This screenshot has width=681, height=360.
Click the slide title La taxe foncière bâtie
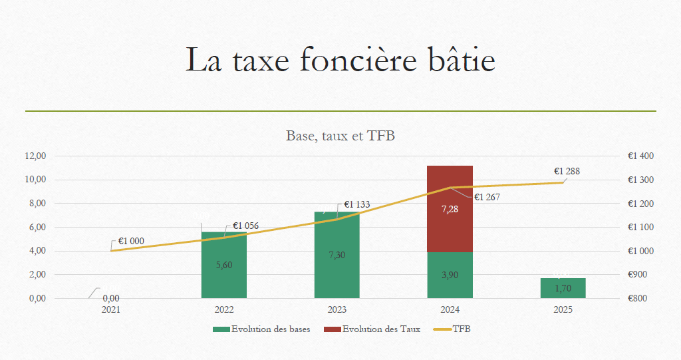(340, 60)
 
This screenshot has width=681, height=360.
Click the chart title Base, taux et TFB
(340, 136)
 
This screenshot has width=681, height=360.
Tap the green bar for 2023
(337, 266)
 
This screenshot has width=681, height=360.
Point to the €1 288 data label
(567, 171)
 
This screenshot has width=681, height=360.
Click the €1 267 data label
(487, 197)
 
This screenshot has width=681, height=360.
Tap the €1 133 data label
(356, 205)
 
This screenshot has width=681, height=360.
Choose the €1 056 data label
(245, 226)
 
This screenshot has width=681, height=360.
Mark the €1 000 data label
(131, 241)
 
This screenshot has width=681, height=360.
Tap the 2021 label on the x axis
(111, 309)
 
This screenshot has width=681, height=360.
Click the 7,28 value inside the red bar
(450, 209)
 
